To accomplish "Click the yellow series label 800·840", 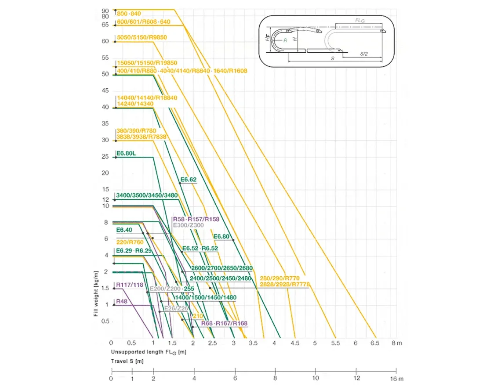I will pyautogui.click(x=129, y=14).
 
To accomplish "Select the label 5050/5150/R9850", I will pyautogui.click(x=142, y=38).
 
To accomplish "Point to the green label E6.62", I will pyautogui.click(x=188, y=179).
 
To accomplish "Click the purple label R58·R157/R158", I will pyautogui.click(x=196, y=219).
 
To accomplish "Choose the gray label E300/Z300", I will pyautogui.click(x=188, y=225).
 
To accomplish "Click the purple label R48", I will pyautogui.click(x=122, y=301).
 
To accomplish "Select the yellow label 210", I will pyautogui.click(x=197, y=316).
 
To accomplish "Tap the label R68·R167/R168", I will pyautogui.click(x=224, y=323).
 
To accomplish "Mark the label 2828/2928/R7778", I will pyautogui.click(x=285, y=285).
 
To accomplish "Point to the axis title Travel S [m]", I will pyautogui.click(x=127, y=361).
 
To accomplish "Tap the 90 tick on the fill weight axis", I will pyautogui.click(x=105, y=11).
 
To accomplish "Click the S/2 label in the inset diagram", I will pyautogui.click(x=364, y=53).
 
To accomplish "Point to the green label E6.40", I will pyautogui.click(x=124, y=230).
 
